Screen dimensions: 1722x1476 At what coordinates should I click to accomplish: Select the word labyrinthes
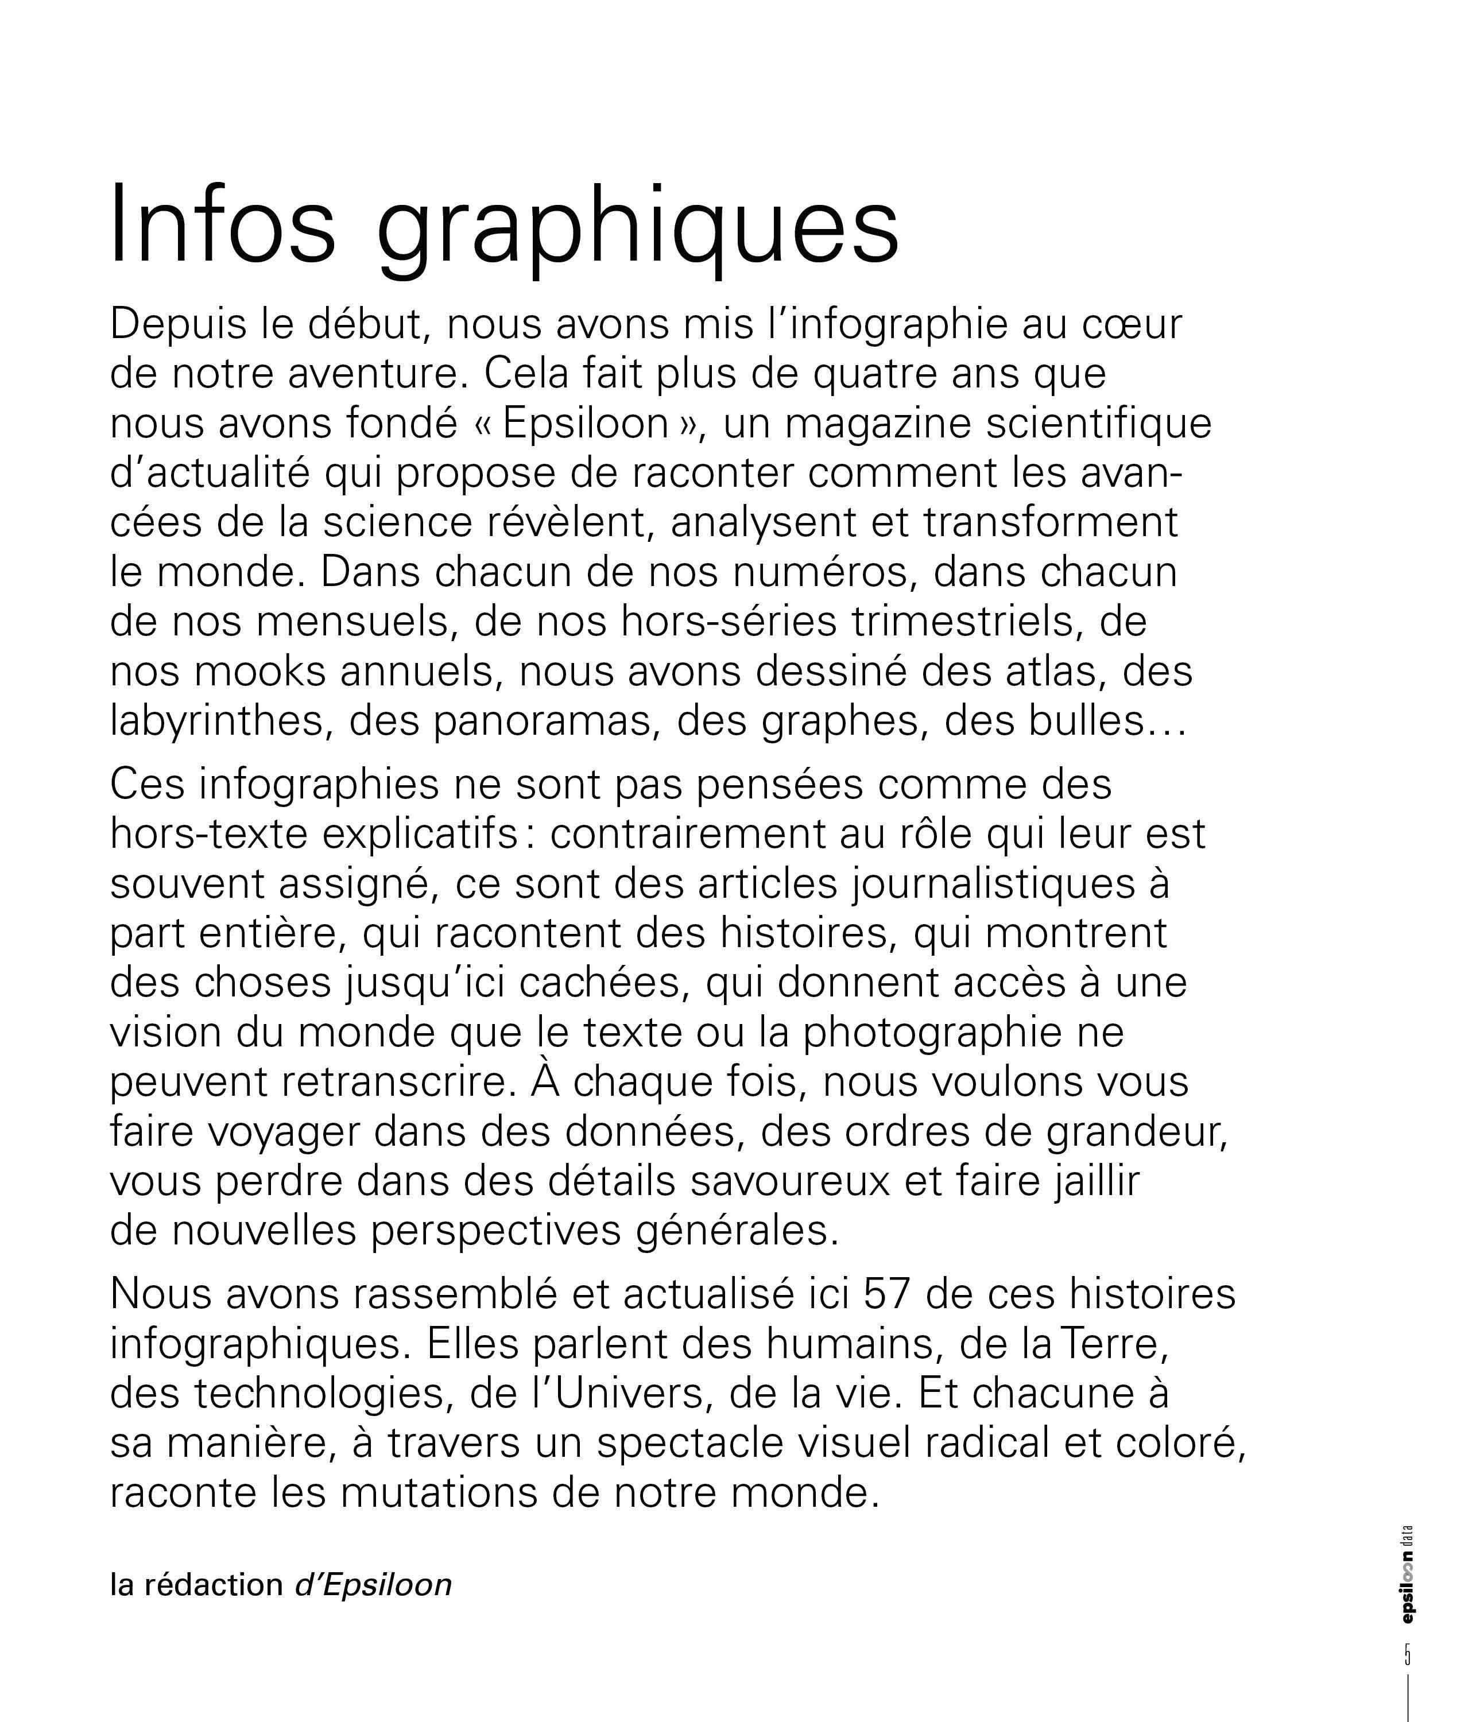217,722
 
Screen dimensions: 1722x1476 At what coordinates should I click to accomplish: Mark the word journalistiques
993,885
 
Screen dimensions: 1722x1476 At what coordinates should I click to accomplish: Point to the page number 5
1407,1654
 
